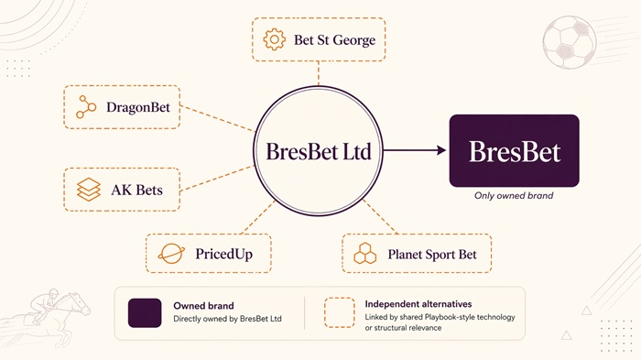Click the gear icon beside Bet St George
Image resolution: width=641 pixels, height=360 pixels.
click(x=274, y=40)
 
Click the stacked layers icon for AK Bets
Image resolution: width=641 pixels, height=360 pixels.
click(x=89, y=190)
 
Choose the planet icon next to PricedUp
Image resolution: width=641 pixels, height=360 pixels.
click(x=171, y=254)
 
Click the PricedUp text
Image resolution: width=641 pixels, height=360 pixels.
click(x=223, y=254)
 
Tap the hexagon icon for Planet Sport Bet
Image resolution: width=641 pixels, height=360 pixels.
click(x=366, y=254)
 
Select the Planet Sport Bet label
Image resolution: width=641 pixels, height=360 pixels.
click(x=432, y=254)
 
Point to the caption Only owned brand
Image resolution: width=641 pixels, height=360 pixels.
click(x=514, y=196)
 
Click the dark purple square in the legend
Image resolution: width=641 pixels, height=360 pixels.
click(x=145, y=312)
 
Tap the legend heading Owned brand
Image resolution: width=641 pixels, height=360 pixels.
click(x=203, y=306)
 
